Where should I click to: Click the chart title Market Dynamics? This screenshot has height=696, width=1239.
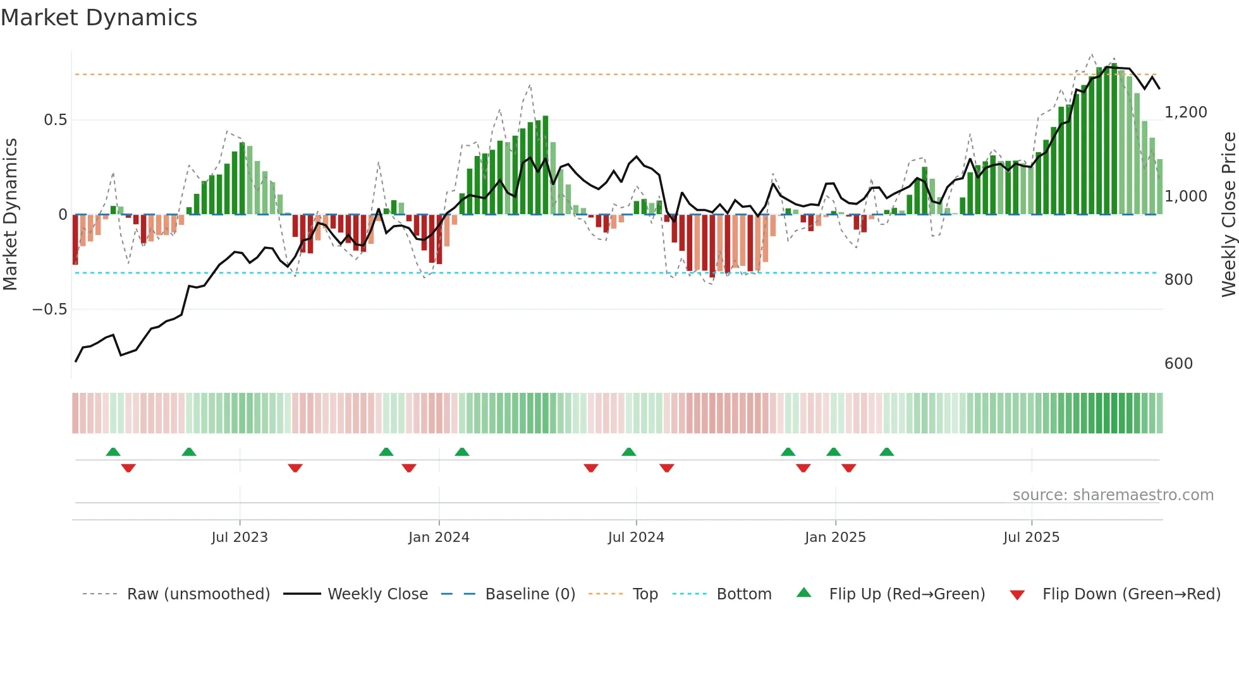tap(99, 18)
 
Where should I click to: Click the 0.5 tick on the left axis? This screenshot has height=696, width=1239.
tap(55, 120)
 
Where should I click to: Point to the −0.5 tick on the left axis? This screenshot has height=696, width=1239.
tap(49, 309)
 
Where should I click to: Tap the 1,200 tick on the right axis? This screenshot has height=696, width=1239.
tap(1185, 112)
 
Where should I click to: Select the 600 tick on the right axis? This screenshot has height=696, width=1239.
tap(1178, 364)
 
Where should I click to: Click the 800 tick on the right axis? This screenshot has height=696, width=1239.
tap(1178, 280)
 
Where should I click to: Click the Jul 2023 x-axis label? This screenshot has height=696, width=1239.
tap(240, 537)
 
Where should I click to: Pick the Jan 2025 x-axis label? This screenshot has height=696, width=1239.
tap(835, 537)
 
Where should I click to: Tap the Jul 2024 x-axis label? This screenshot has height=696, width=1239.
tap(636, 537)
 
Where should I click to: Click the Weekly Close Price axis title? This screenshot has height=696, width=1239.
tap(1228, 215)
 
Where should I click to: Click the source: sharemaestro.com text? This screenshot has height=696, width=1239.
tap(1113, 495)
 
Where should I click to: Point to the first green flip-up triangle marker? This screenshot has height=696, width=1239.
tap(113, 452)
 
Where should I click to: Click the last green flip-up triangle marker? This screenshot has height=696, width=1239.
tap(886, 452)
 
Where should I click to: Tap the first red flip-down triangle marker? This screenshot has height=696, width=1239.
tap(128, 468)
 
